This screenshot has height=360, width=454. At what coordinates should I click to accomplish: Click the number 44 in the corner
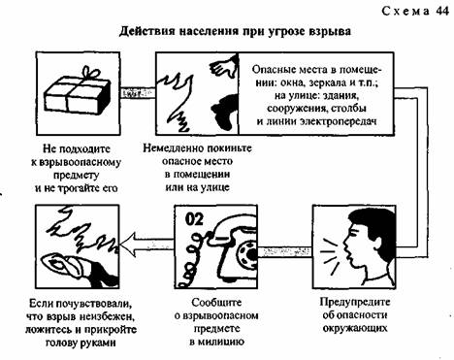pyautogui.click(x=442, y=11)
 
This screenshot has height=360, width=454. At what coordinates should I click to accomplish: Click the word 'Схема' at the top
pyautogui.click(x=405, y=12)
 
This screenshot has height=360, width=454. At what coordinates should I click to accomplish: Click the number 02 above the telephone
pyautogui.click(x=194, y=219)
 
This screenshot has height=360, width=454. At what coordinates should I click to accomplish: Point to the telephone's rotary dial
pyautogui.click(x=247, y=254)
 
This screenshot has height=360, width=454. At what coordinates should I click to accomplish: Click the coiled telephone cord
pyautogui.click(x=193, y=259)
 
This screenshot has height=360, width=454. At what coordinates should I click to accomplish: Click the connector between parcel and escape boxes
pyautogui.click(x=138, y=93)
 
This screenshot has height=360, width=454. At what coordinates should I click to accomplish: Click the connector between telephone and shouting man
pyautogui.click(x=284, y=252)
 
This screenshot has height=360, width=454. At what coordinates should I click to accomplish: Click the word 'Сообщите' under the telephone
pyautogui.click(x=216, y=303)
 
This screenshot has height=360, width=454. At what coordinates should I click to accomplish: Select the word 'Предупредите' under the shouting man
pyautogui.click(x=355, y=302)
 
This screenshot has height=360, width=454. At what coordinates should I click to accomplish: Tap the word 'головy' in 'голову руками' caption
pyautogui.click(x=61, y=343)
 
